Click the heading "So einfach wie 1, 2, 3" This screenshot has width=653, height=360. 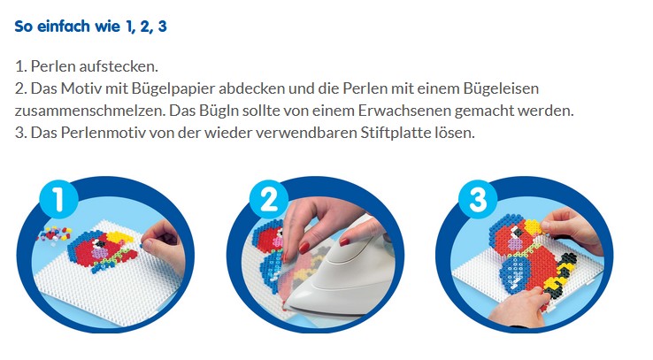click(x=91, y=27)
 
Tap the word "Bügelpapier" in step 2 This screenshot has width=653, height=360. click(x=173, y=88)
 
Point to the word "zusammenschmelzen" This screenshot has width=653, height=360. click(x=90, y=111)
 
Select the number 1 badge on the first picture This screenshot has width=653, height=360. click(x=58, y=199)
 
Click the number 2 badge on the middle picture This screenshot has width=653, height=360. click(x=269, y=199)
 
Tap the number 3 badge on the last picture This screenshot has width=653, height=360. click(x=478, y=199)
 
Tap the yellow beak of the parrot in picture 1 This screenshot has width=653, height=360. click(x=120, y=239)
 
